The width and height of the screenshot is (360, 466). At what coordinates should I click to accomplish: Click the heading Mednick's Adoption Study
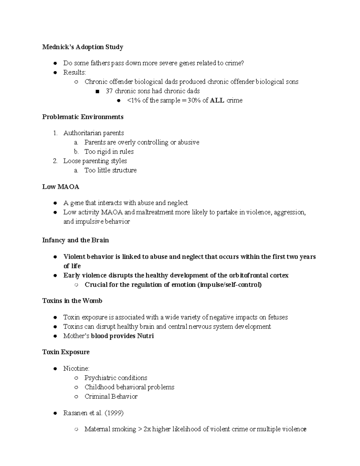coord(82,47)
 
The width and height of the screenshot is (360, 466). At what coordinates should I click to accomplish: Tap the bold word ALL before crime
coord(217,100)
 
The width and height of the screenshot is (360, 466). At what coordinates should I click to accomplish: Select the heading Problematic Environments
coord(83,117)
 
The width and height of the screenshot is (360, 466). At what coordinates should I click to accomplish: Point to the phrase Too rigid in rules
coord(109,152)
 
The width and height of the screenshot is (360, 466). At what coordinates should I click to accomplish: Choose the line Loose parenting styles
coord(95,161)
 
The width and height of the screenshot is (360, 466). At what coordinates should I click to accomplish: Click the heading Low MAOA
coord(61,187)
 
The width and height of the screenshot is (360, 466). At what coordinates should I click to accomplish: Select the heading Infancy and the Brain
coord(75,240)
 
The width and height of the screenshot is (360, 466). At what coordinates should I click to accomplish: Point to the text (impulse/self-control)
coord(229,284)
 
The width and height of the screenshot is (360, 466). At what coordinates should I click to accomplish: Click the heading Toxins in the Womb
coord(72,301)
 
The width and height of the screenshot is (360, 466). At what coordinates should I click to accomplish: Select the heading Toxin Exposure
coord(66,352)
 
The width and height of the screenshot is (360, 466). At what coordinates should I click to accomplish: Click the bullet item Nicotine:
coord(76,368)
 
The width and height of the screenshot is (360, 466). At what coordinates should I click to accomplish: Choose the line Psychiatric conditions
coord(116,378)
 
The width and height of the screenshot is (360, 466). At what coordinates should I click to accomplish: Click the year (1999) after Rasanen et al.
coord(114,413)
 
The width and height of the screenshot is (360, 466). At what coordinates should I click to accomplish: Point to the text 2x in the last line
coord(147,429)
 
